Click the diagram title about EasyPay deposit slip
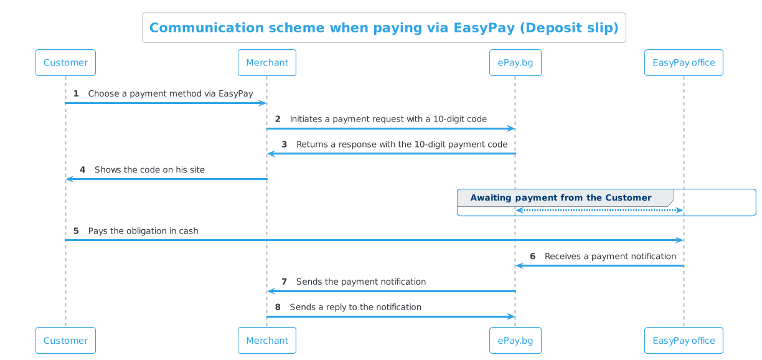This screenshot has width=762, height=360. click(x=383, y=28)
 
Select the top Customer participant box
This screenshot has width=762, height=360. click(x=65, y=63)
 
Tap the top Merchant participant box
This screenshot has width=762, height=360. click(x=267, y=63)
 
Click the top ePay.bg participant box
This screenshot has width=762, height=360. click(x=515, y=63)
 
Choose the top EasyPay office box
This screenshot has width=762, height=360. click(x=684, y=63)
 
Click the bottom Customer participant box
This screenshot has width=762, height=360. click(x=65, y=341)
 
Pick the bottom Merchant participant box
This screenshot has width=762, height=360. click(x=267, y=341)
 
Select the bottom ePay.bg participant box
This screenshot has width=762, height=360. click(x=515, y=341)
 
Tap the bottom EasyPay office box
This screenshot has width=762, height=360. click(x=684, y=341)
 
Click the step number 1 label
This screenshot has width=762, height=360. click(x=76, y=93)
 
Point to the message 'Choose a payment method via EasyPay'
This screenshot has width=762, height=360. click(x=171, y=93)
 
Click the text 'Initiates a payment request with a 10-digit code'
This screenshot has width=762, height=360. click(x=388, y=119)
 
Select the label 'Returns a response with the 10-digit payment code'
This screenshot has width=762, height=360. click(x=402, y=144)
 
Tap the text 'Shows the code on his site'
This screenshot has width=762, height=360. click(x=149, y=170)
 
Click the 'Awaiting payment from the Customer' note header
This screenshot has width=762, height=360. click(x=560, y=198)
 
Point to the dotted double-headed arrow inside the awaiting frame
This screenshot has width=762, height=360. click(x=600, y=211)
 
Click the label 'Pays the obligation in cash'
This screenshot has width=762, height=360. click(x=143, y=231)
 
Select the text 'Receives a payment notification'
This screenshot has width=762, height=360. click(x=610, y=257)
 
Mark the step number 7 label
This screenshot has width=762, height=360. click(x=284, y=282)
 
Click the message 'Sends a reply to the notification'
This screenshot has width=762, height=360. click(x=355, y=308)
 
